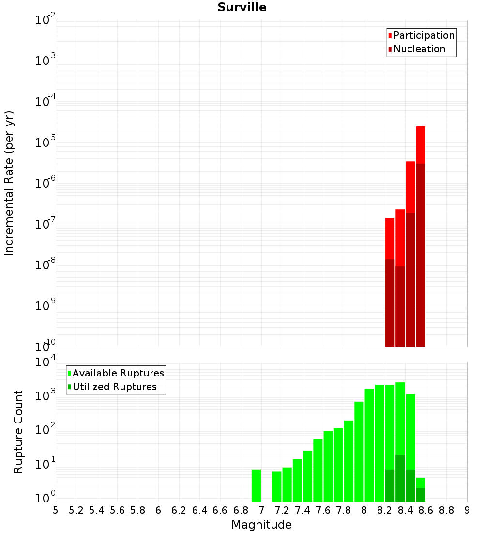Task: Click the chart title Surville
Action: [242, 7]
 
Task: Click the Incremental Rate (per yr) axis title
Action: [9, 184]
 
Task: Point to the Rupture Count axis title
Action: [18, 432]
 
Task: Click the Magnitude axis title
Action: [261, 525]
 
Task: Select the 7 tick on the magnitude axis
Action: [261, 510]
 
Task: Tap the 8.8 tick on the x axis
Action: [446, 510]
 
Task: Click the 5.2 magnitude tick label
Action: [76, 510]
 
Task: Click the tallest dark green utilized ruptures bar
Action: [400, 478]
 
